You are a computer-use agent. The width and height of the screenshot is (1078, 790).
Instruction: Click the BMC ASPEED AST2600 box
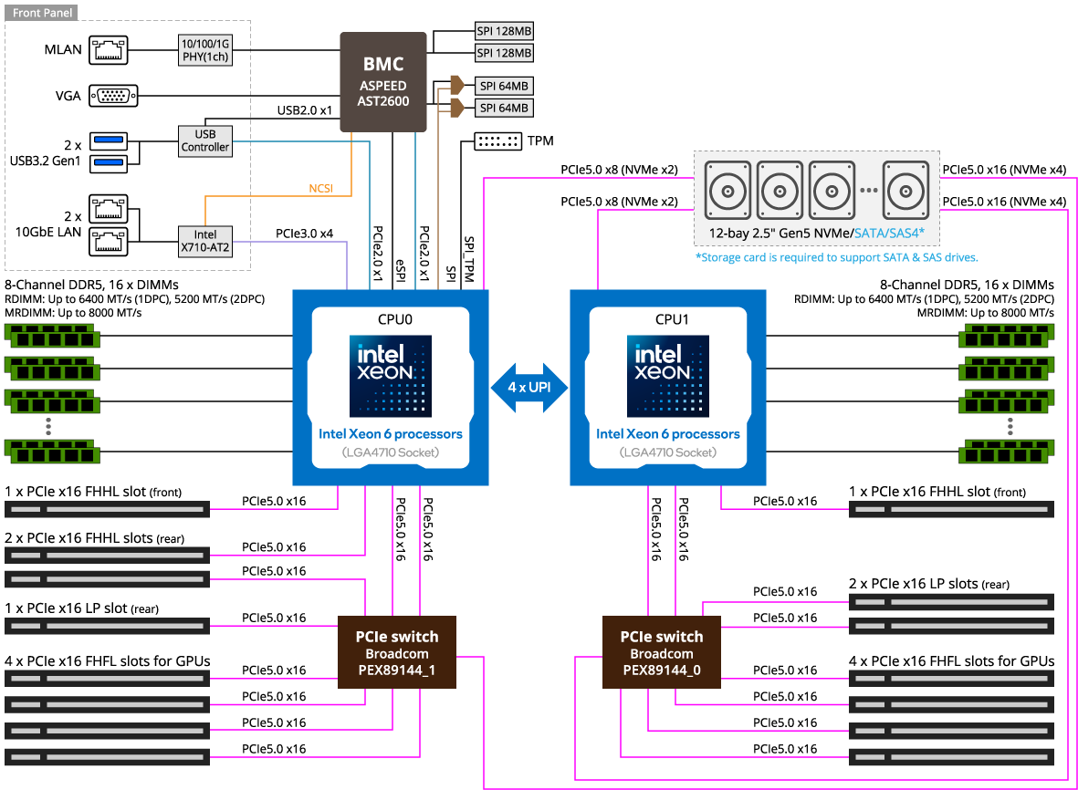point(383,84)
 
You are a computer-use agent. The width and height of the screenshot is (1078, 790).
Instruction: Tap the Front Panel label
point(42,13)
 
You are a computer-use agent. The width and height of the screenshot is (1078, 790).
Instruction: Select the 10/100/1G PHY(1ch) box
point(204,50)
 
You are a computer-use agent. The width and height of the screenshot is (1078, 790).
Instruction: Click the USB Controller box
point(204,140)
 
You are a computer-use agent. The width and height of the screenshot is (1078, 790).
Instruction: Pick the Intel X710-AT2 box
point(204,242)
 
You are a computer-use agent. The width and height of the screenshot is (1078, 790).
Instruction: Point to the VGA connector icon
point(114,96)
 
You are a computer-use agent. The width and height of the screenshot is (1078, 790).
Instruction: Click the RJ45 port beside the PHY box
point(109,49)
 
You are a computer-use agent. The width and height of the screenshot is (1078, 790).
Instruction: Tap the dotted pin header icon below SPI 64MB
point(497,141)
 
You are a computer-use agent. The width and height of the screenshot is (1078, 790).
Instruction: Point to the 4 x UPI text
point(529,388)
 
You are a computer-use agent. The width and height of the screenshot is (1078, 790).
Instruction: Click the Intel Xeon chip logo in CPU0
point(390,376)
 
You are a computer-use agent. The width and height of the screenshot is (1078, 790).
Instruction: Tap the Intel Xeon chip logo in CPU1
point(667,376)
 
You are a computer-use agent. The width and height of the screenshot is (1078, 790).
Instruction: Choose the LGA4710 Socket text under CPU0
point(390,452)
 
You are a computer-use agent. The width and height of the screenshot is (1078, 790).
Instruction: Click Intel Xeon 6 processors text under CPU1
point(667,434)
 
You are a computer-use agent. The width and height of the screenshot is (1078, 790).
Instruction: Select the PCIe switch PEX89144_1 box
point(396,653)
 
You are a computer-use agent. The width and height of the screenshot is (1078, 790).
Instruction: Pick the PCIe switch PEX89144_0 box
point(662,653)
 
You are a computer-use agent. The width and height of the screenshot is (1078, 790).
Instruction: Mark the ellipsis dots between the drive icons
point(868,191)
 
